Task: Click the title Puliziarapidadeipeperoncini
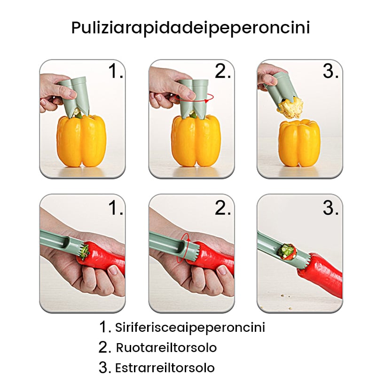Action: [190, 27]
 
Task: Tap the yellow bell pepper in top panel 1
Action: [81, 141]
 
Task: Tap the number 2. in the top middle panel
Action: [223, 71]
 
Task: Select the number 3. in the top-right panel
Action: [331, 71]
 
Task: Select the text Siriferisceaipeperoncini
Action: [190, 327]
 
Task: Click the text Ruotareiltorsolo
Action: [166, 348]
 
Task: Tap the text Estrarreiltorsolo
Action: [164, 368]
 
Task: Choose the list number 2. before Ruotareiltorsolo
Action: [104, 348]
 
